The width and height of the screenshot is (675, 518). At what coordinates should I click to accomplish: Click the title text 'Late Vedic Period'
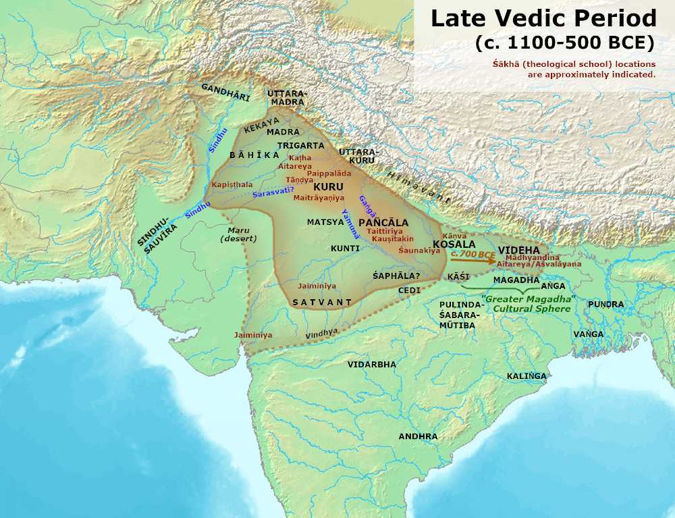(x=543, y=18)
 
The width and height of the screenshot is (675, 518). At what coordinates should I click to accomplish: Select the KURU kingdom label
(x=329, y=186)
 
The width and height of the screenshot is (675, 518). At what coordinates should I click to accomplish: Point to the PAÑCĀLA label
(x=383, y=222)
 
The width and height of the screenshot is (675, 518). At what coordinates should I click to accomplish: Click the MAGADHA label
(x=516, y=280)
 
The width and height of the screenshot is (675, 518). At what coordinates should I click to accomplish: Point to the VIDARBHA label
(x=372, y=364)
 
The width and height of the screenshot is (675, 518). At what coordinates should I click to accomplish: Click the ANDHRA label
(x=418, y=436)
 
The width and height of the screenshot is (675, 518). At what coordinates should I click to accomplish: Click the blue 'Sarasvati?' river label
(x=273, y=193)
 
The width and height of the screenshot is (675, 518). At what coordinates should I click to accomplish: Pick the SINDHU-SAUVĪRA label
(x=157, y=236)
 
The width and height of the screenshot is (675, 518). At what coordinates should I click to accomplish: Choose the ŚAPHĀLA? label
(x=396, y=276)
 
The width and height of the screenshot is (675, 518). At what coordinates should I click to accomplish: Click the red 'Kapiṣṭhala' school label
(x=232, y=184)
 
